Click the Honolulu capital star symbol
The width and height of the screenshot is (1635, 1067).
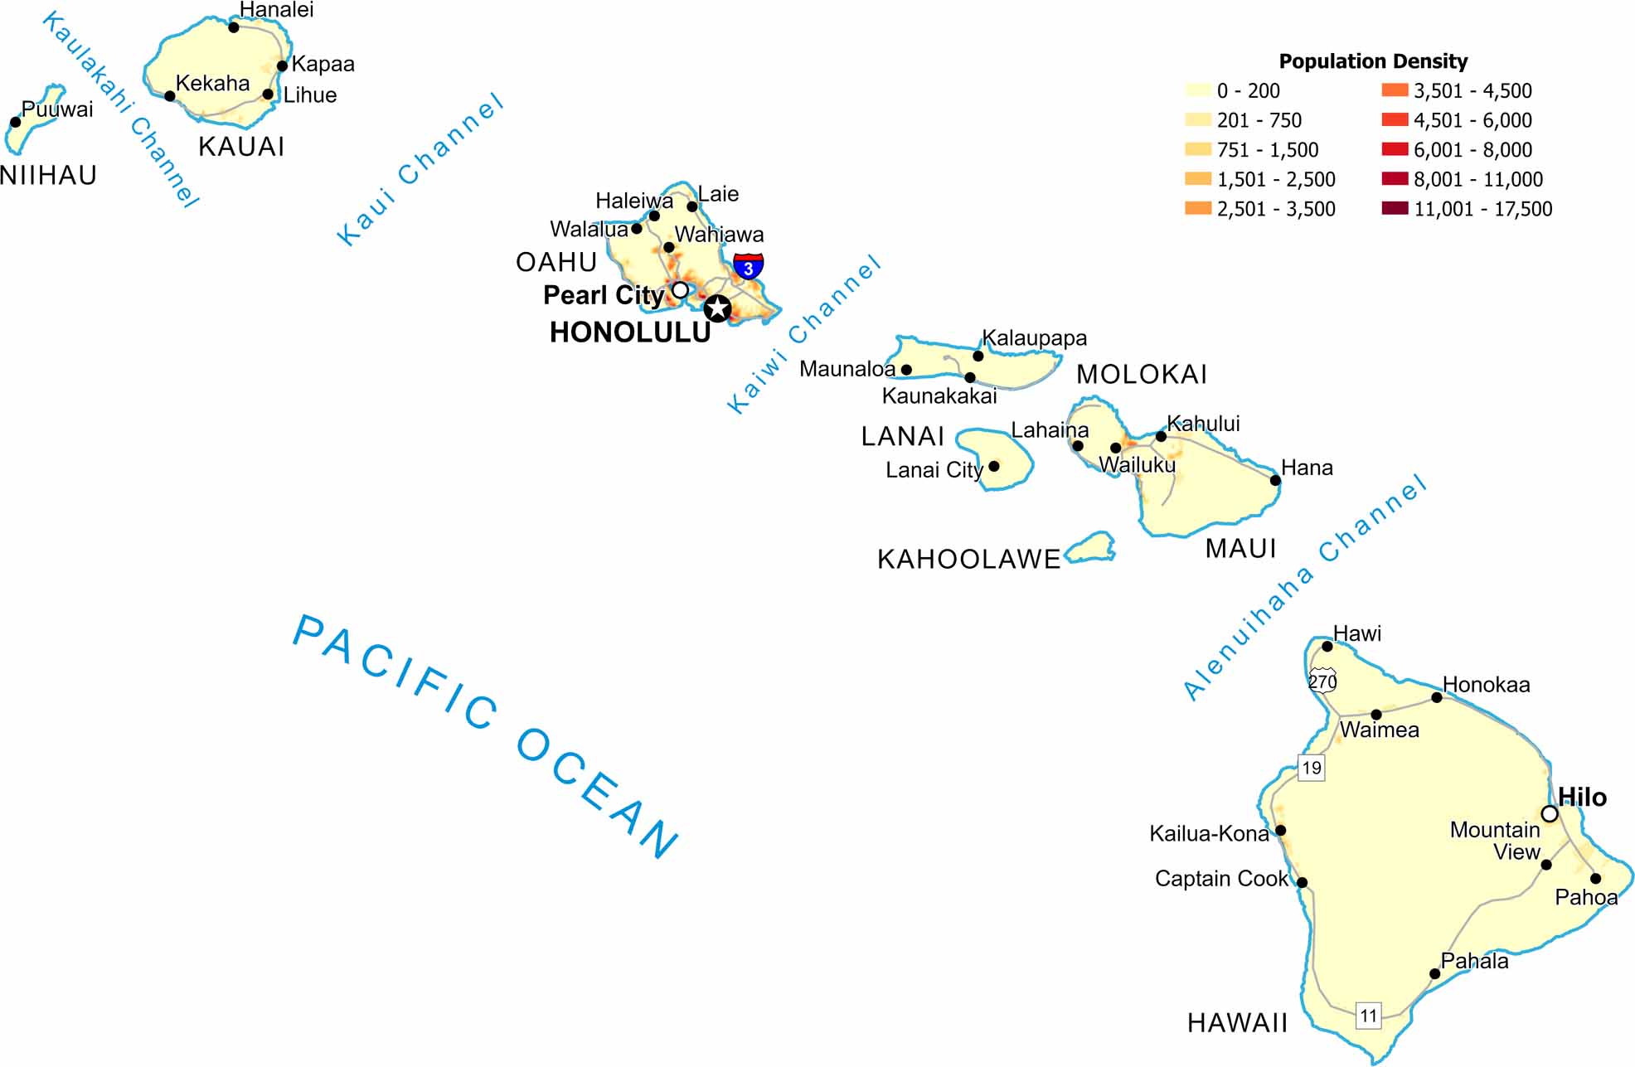717,309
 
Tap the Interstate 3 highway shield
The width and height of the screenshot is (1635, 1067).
749,266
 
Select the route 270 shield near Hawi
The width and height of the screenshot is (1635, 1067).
1322,681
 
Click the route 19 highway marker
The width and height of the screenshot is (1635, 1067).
1311,768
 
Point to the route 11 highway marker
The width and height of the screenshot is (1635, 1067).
1368,1015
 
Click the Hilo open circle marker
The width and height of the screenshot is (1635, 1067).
1549,814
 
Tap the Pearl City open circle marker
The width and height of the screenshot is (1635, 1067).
680,290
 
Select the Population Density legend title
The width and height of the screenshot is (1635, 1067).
1373,61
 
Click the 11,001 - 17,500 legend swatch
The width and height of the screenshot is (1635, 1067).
1395,208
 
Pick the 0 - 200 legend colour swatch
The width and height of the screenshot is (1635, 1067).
1198,90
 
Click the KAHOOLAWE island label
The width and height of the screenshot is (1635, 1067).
968,560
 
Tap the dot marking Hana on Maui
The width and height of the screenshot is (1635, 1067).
1275,480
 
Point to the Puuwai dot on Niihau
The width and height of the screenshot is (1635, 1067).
15,122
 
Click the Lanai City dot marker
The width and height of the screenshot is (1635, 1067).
994,466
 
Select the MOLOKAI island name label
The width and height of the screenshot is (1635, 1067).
1141,375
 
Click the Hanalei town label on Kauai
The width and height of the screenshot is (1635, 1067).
276,10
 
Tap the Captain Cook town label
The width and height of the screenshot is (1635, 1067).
1221,879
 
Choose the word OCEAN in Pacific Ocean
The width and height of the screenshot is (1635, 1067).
597,792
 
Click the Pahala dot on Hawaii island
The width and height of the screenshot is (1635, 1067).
1434,974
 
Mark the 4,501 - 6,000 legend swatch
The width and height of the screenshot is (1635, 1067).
1395,120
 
